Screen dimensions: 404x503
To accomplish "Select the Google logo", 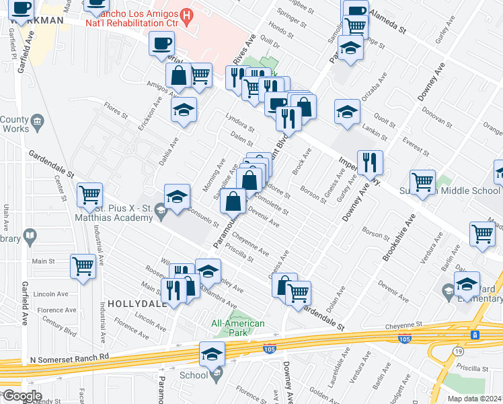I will (x=22, y=396).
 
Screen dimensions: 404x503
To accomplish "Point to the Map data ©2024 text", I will (x=475, y=399).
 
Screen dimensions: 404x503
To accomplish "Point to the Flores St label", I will (x=116, y=110).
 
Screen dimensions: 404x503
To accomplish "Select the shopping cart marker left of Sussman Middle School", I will (x=422, y=182).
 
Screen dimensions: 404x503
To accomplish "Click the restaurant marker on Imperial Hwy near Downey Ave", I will (x=369, y=162).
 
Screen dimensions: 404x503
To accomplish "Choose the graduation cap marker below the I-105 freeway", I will (x=212, y=353).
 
